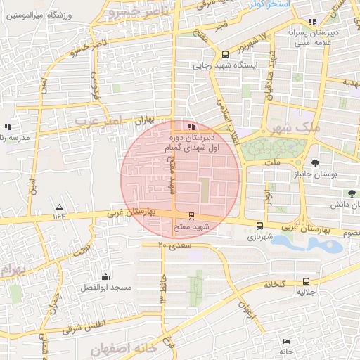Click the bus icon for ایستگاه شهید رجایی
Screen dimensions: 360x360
click(225, 53)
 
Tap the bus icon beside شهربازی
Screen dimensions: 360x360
click(260, 226)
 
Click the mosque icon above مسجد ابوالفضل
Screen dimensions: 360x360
click(105, 277)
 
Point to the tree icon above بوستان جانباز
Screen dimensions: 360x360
click(324, 162)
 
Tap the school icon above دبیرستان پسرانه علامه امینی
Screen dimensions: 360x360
click(311, 22)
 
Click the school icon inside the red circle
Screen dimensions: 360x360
click(172, 127)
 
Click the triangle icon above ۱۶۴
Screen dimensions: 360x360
click(59, 207)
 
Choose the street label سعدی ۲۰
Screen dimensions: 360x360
click(174, 245)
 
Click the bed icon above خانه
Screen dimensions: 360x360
click(285, 341)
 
